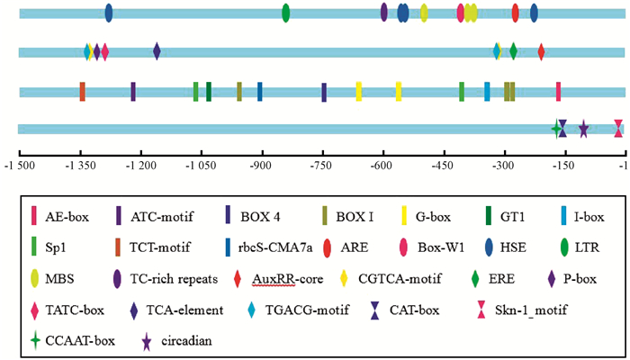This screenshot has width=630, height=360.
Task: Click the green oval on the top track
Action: (x=285, y=13)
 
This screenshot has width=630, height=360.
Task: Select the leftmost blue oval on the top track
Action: (x=109, y=13)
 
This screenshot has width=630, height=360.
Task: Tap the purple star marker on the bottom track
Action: (x=583, y=130)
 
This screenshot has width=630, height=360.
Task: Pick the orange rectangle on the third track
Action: (x=82, y=91)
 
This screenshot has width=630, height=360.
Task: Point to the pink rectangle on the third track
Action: (x=559, y=91)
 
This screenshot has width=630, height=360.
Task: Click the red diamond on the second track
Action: (x=541, y=51)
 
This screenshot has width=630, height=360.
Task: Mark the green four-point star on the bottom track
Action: (x=556, y=130)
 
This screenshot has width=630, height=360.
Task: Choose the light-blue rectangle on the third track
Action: (x=487, y=91)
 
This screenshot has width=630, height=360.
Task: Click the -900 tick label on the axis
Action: (x=261, y=166)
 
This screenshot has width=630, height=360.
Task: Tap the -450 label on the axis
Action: (x=443, y=166)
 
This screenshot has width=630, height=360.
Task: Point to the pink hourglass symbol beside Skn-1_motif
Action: (x=449, y=310)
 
